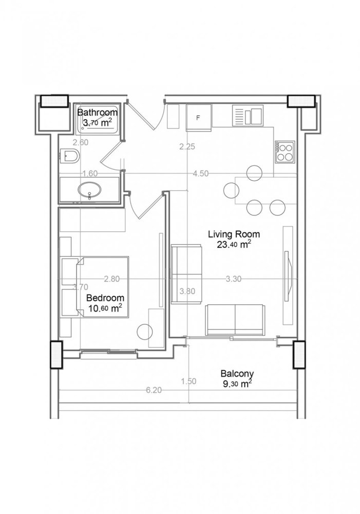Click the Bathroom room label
(97, 112)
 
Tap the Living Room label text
(234, 234)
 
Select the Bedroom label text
(105, 298)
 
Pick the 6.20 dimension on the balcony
(154, 390)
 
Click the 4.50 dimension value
(200, 174)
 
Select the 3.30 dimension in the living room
(234, 279)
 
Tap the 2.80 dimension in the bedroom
(111, 279)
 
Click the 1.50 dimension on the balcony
(189, 381)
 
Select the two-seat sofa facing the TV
(235, 319)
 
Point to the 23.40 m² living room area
(234, 245)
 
